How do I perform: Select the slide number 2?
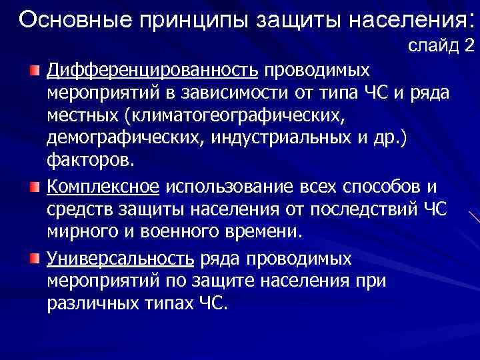pyautogui.click(x=469, y=46)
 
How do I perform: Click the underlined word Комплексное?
pyautogui.click(x=103, y=184)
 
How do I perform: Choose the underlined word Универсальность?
pyautogui.click(x=121, y=258)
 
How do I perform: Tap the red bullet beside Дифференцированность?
pyautogui.click(x=35, y=70)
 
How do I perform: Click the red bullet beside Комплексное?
pyautogui.click(x=35, y=185)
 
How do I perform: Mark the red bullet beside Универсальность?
pyautogui.click(x=35, y=259)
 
